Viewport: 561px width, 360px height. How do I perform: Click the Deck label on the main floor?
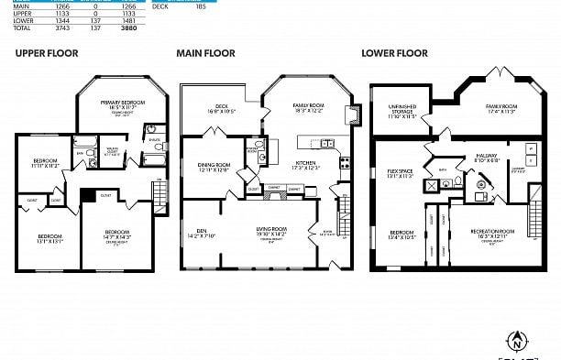pyautogui.click(x=221, y=107)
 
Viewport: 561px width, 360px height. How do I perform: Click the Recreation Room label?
pyautogui.click(x=494, y=233)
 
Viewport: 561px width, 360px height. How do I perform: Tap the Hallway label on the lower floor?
pyautogui.click(x=486, y=157)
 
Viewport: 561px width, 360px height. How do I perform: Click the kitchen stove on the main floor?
pyautogui.click(x=345, y=163)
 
